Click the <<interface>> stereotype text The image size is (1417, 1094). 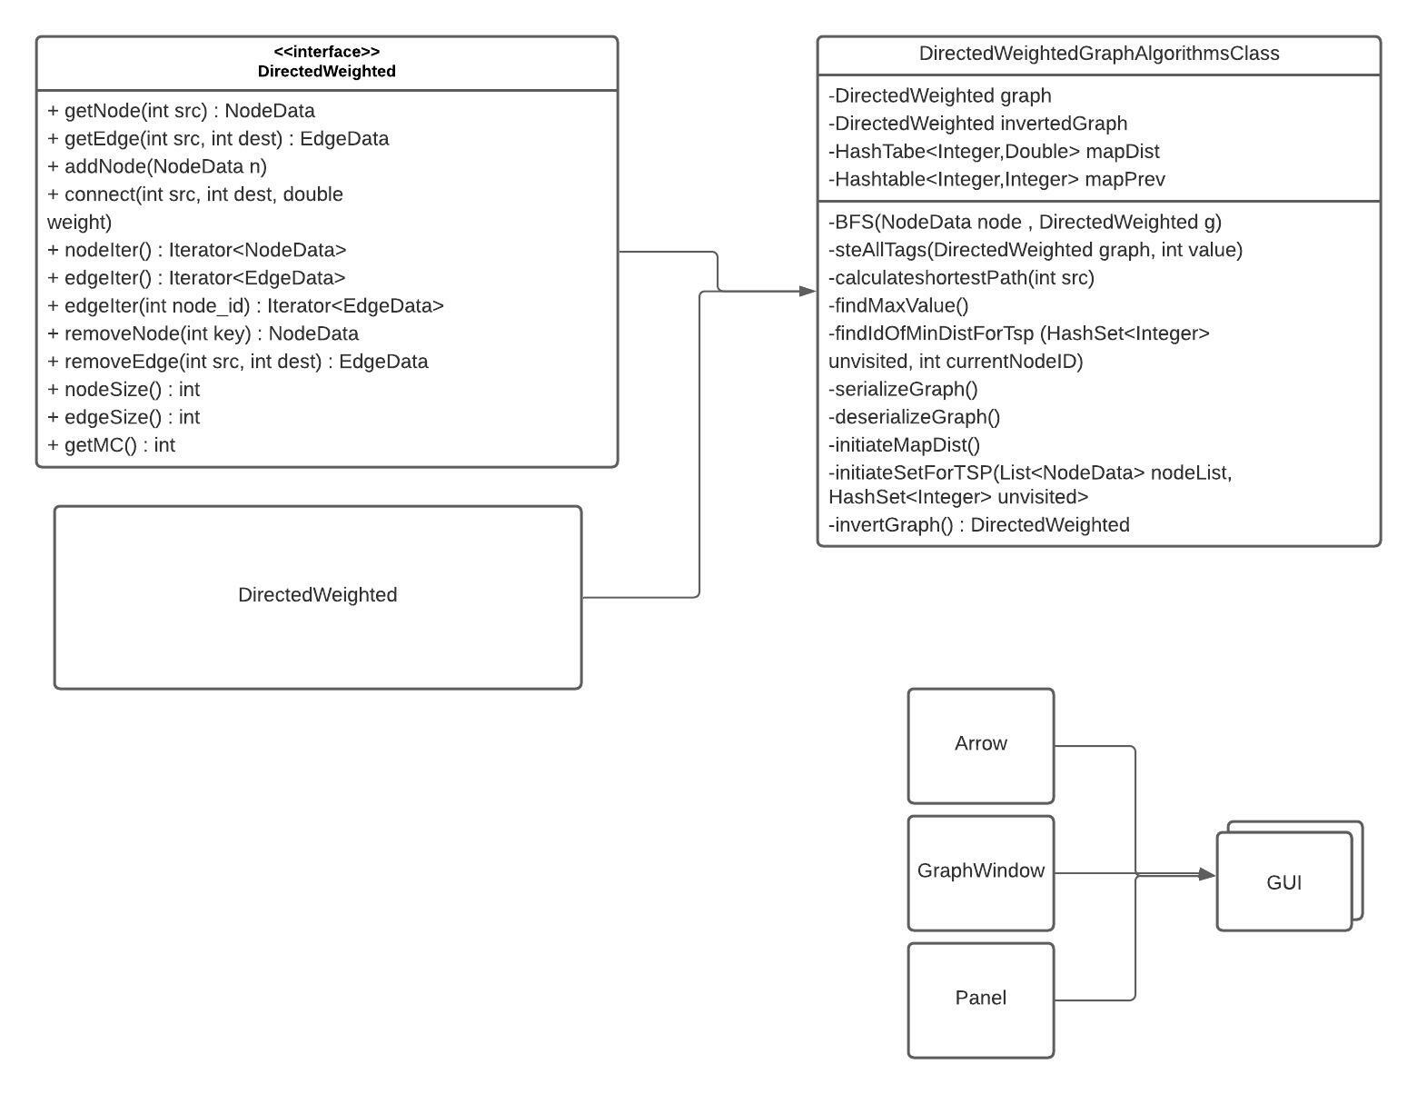(x=326, y=52)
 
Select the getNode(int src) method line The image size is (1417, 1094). (x=181, y=111)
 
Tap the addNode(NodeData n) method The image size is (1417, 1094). (x=157, y=166)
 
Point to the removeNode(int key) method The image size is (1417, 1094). (x=203, y=333)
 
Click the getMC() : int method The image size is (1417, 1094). (x=111, y=445)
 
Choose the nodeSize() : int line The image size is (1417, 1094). (x=124, y=390)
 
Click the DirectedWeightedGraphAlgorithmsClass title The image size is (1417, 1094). (x=1098, y=54)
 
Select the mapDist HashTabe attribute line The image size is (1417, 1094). (x=994, y=152)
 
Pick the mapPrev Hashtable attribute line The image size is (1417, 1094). (x=996, y=179)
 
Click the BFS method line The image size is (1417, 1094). (x=1025, y=223)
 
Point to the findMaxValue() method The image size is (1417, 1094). (x=898, y=306)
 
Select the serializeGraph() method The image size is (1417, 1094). (x=903, y=390)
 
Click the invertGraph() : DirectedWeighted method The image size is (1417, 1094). (x=979, y=525)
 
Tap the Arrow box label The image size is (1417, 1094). (x=980, y=743)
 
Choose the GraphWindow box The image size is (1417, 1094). (x=980, y=871)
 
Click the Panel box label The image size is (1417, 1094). (x=980, y=998)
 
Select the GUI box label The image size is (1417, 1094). (x=1283, y=882)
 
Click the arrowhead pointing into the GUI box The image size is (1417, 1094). (x=1207, y=874)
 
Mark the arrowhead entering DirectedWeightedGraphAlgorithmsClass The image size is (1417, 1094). (x=808, y=291)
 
